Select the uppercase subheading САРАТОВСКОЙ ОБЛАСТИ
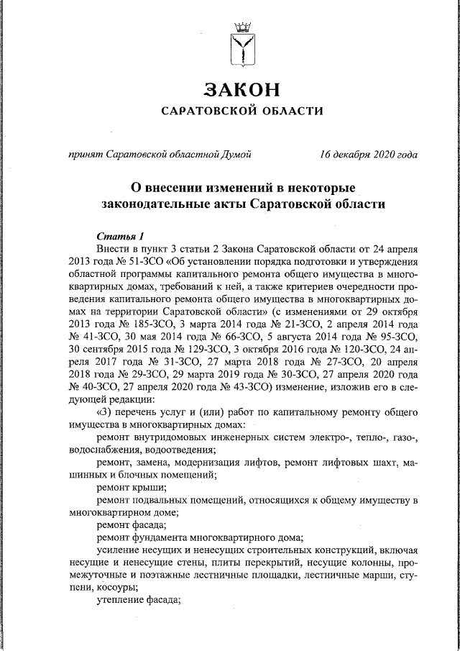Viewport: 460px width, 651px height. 241,111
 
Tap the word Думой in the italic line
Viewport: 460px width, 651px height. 235,155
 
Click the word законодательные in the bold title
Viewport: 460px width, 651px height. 154,204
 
